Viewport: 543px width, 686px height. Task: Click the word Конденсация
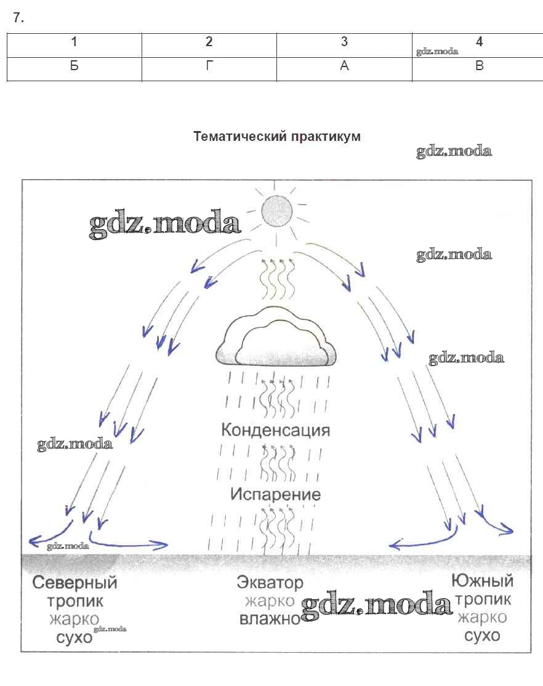pos(275,429)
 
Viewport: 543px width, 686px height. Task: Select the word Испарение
pos(275,494)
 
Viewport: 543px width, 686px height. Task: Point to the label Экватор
pos(270,581)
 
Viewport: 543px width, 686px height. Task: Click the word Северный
pos(74,582)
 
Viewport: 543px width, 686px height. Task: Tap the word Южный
pos(482,580)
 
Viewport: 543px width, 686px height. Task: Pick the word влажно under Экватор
pos(269,618)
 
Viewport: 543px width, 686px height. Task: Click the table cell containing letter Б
pos(74,66)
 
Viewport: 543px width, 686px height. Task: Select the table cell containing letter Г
pos(209,66)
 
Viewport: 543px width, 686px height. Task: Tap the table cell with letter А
pos(344,66)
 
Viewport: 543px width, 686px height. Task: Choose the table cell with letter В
pos(480,66)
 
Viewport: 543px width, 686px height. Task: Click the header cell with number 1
pos(74,42)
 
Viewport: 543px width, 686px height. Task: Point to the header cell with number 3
pos(344,42)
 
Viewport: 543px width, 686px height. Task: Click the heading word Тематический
pos(237,137)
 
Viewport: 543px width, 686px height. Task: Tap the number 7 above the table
pos(18,18)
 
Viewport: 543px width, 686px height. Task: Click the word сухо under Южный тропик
pos(482,635)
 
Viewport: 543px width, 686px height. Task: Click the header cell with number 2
pos(209,42)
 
